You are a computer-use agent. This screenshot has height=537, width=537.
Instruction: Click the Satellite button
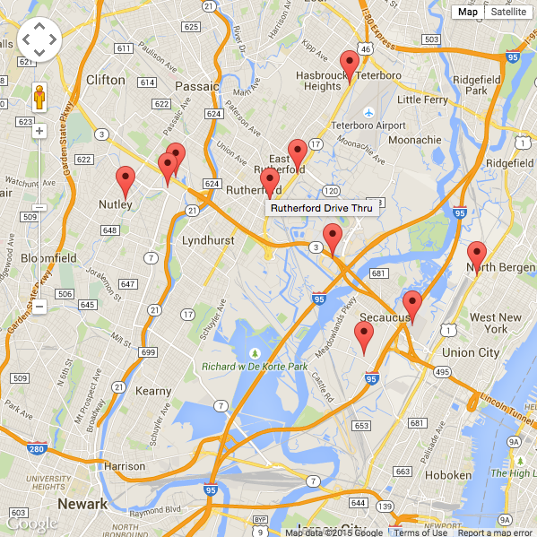pyautogui.click(x=508, y=12)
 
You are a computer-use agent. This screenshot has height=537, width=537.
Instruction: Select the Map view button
pyautogui.click(x=467, y=12)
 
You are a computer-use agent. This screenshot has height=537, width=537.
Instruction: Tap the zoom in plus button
pyautogui.click(x=39, y=131)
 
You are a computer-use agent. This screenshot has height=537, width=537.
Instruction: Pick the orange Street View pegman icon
pyautogui.click(x=39, y=96)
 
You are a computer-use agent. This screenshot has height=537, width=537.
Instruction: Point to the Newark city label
pyautogui.click(x=82, y=503)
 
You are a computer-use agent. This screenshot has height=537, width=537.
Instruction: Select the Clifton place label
pyautogui.click(x=106, y=80)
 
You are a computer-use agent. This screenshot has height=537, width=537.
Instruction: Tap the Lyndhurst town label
pyautogui.click(x=207, y=240)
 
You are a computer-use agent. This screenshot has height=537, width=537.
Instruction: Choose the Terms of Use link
pyautogui.click(x=420, y=533)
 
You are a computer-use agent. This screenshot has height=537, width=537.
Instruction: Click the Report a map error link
pyautogui.click(x=495, y=533)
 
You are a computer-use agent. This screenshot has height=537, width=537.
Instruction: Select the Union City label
pyautogui.click(x=471, y=352)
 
